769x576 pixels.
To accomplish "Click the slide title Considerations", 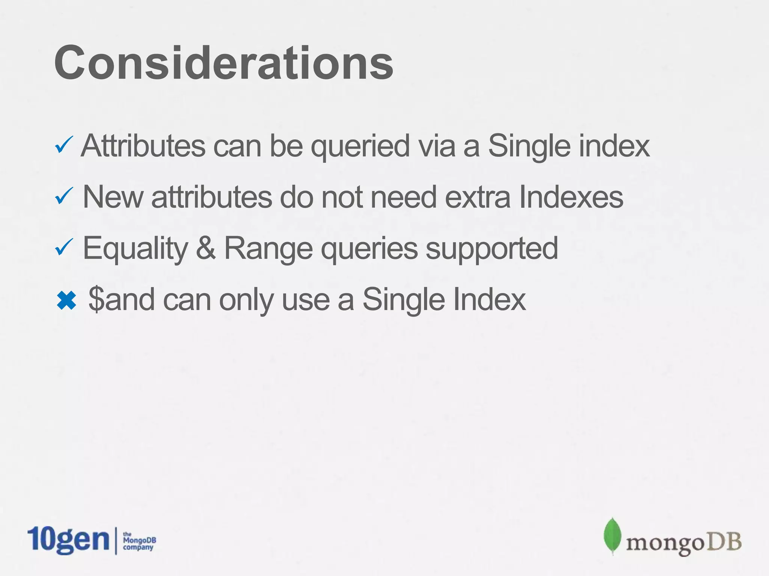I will point(224,63).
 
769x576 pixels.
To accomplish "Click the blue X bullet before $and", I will point(66,300).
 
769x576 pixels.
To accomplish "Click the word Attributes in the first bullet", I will point(143,146).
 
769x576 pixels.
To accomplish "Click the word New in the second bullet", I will point(113,197).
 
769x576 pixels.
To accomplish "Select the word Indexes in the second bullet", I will point(571,197).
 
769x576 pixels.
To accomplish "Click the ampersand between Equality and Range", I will point(205,248).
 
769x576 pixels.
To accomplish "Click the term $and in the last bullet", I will point(121,299).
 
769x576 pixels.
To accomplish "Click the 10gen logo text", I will point(68,540).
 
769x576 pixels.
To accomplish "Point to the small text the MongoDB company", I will point(139,541).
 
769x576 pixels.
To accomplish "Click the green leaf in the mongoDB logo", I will point(612,535).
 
